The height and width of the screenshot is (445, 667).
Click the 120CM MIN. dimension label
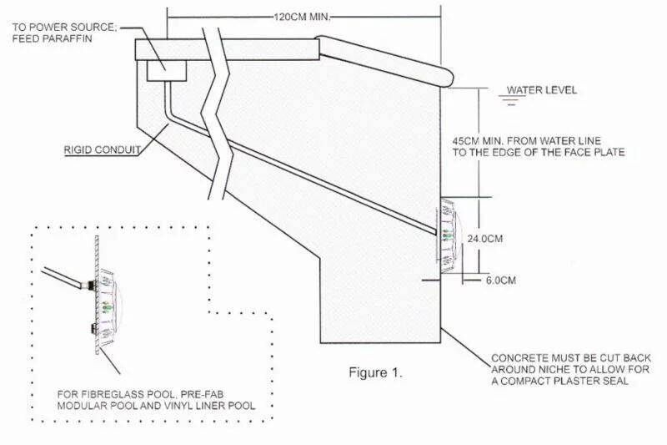tap(302, 18)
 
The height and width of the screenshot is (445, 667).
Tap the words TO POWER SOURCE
tap(64, 28)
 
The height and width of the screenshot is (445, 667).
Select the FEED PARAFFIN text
tap(52, 38)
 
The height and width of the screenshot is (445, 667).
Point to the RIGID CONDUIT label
tap(102, 150)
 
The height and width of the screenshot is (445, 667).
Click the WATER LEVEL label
tap(541, 90)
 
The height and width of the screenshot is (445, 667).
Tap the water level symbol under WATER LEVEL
tap(512, 100)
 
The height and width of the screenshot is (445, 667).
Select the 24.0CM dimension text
tap(485, 239)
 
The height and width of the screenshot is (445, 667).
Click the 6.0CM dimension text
tap(501, 281)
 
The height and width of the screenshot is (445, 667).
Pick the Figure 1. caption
tap(376, 372)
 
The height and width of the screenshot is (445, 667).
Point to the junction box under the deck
tap(167, 70)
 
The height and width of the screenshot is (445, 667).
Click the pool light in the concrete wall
tap(448, 235)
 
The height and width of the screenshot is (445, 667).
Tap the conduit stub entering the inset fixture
tap(65, 276)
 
